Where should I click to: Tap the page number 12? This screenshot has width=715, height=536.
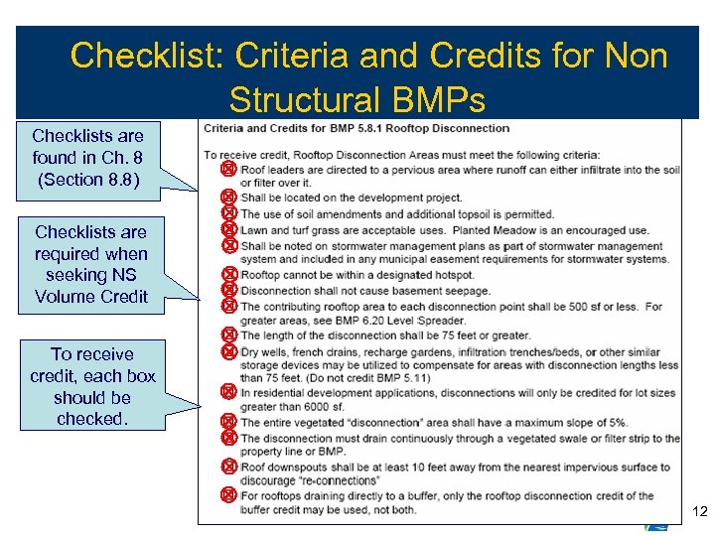point(698,511)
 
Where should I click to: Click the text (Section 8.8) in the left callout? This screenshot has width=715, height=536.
point(88,180)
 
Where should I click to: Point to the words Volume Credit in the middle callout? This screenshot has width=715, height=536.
point(90,296)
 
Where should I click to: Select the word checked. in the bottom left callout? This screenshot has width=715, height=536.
point(92,419)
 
